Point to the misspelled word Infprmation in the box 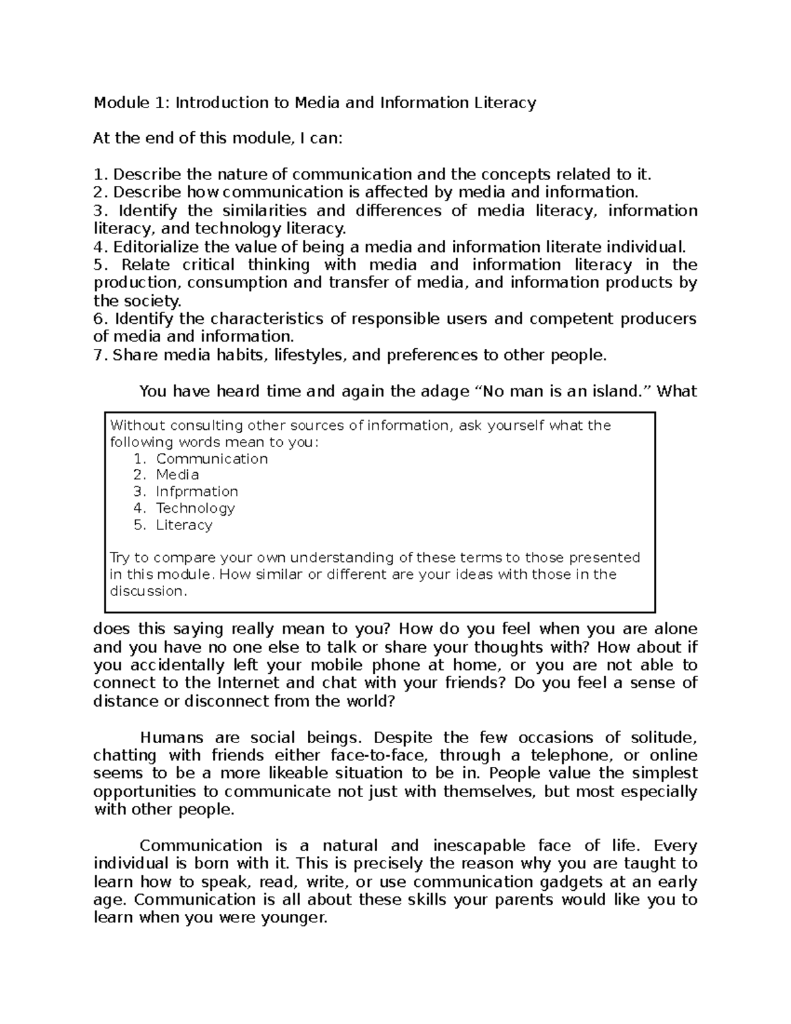[196, 492]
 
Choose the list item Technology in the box [195, 508]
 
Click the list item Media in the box [177, 475]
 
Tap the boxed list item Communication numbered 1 [212, 459]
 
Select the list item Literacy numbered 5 [184, 526]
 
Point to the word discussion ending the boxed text [148, 591]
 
